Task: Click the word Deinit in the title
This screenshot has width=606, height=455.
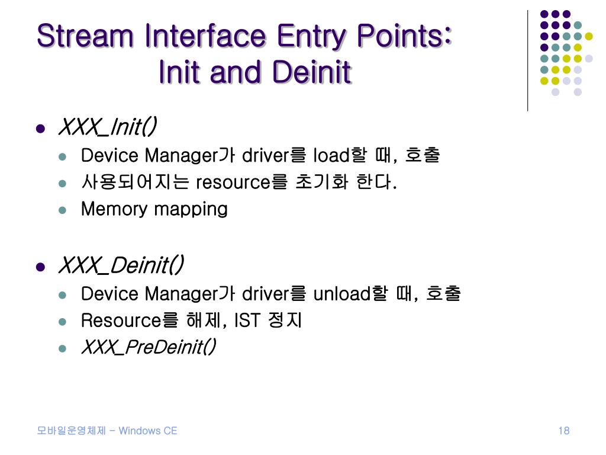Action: [312, 72]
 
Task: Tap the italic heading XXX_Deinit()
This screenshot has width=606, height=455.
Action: [121, 265]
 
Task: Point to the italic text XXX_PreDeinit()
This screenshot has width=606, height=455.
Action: [149, 347]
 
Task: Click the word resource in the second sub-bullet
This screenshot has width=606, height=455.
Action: [233, 182]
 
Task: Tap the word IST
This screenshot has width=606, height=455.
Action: [247, 321]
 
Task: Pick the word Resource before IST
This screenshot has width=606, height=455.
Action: [121, 321]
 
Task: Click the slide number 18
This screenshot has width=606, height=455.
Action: [563, 431]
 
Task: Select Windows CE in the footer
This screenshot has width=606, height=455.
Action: [147, 431]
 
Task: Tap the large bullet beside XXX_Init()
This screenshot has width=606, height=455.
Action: [40, 128]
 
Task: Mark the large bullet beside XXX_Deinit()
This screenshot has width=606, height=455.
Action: [40, 267]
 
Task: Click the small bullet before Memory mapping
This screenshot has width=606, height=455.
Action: [63, 210]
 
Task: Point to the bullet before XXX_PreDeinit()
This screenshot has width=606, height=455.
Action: [63, 348]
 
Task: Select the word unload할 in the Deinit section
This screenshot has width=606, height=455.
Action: [349, 293]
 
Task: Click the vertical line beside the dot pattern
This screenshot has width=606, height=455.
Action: [527, 59]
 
